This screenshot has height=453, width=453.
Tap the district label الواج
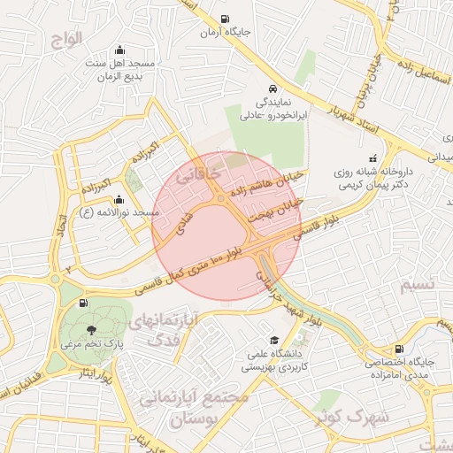65,38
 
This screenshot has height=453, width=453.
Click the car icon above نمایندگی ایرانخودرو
274,89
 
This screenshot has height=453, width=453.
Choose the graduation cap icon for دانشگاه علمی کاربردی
274,341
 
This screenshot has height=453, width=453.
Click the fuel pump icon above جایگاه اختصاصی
399,349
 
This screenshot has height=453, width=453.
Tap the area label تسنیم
418,285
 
